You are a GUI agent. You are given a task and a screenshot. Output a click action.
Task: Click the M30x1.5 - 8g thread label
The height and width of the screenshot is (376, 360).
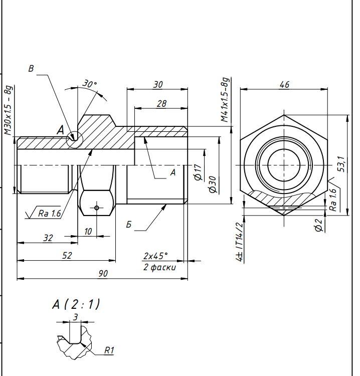coord(9,110)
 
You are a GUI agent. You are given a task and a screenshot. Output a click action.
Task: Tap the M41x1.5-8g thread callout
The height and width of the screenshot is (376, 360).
coord(225,100)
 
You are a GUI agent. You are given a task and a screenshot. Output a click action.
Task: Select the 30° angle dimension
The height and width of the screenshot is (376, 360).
coord(90,84)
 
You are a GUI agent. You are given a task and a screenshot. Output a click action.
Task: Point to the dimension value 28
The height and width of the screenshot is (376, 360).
coord(161,104)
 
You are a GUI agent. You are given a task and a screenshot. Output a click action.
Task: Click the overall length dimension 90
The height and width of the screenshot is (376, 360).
coord(103,274)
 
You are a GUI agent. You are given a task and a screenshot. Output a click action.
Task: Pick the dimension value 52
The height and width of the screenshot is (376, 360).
coord(67,255)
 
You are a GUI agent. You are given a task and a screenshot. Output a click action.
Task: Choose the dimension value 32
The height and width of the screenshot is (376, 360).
coord(48,238)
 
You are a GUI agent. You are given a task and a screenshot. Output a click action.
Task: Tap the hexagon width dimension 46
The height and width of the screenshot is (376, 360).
coord(284,85)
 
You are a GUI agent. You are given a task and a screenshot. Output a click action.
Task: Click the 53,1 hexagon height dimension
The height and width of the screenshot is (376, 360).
coord(341,164)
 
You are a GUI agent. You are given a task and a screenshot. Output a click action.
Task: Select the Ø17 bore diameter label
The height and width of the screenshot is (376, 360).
coord(198,172)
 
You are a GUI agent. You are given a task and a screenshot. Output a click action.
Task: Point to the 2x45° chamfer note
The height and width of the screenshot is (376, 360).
coord(155,256)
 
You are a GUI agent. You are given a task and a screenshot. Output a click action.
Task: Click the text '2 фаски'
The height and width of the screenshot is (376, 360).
coord(159,267)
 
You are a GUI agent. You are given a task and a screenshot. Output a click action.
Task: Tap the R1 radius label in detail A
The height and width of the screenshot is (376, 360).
coord(109,350)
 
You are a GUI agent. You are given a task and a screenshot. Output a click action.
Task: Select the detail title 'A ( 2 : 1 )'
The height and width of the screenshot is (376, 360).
coord(76,304)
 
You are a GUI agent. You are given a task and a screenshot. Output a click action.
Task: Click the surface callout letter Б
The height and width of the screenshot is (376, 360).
coord(129,225)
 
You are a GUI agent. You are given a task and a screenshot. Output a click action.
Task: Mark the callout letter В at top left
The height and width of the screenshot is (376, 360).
coord(31,69)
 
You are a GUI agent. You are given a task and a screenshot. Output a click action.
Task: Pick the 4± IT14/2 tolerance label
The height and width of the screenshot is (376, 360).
coord(240,242)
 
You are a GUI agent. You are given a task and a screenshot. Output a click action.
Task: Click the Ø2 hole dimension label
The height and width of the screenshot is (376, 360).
coord(318,225)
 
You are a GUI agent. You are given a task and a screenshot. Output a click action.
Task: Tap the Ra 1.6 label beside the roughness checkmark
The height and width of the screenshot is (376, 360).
coord(50,214)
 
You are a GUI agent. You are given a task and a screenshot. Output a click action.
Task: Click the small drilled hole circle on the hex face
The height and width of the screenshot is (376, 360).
coord(97,208)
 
